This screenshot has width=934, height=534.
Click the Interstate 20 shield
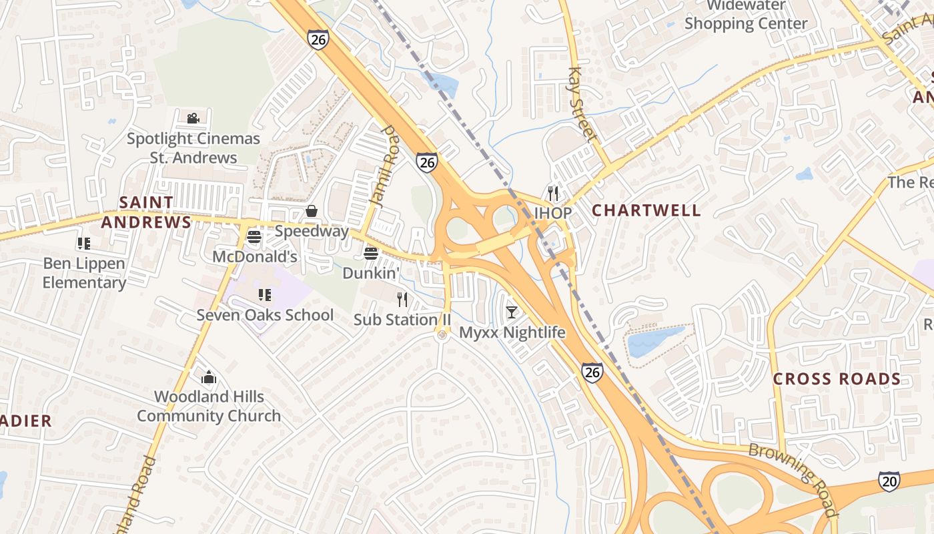(x=889, y=481)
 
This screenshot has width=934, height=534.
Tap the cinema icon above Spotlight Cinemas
(x=193, y=118)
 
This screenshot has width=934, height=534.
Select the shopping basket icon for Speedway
(x=312, y=212)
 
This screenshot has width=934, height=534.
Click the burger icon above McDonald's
(x=254, y=236)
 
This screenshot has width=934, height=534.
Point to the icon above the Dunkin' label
(x=371, y=253)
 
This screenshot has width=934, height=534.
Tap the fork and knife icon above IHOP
(x=552, y=194)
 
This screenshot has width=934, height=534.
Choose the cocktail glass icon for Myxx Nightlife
(x=512, y=312)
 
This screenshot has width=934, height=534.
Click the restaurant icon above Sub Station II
(x=402, y=299)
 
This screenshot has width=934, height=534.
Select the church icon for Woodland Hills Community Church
(x=209, y=377)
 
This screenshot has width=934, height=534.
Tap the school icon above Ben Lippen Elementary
(x=83, y=243)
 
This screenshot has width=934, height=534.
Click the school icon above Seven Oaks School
(x=265, y=294)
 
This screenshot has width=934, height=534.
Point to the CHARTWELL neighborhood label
(x=646, y=210)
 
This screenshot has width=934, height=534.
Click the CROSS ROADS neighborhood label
(x=837, y=379)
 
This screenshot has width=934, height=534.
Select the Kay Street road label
(x=582, y=104)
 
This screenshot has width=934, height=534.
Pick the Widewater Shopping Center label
(x=746, y=15)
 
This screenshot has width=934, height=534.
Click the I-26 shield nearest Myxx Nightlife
(x=592, y=372)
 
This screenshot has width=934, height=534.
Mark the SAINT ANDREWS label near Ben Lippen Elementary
(x=146, y=212)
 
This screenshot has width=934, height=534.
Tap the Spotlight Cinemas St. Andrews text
(x=193, y=148)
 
